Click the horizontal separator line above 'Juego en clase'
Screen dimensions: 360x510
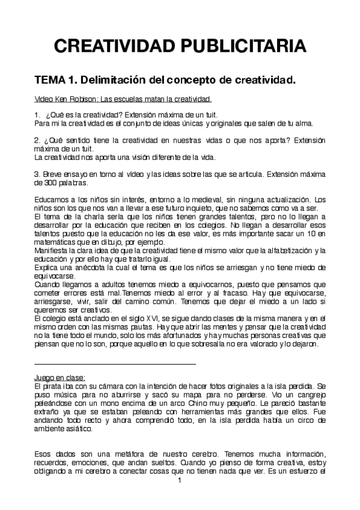115,363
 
